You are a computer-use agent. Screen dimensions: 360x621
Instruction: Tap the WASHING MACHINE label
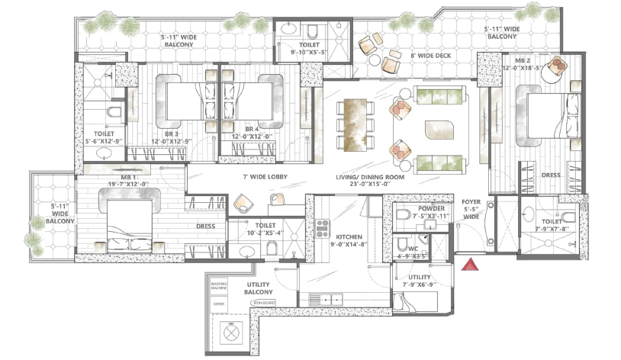click(220, 285)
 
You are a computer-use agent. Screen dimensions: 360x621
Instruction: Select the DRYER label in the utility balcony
click(219, 304)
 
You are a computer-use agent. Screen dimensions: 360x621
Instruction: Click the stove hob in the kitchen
click(322, 228)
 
